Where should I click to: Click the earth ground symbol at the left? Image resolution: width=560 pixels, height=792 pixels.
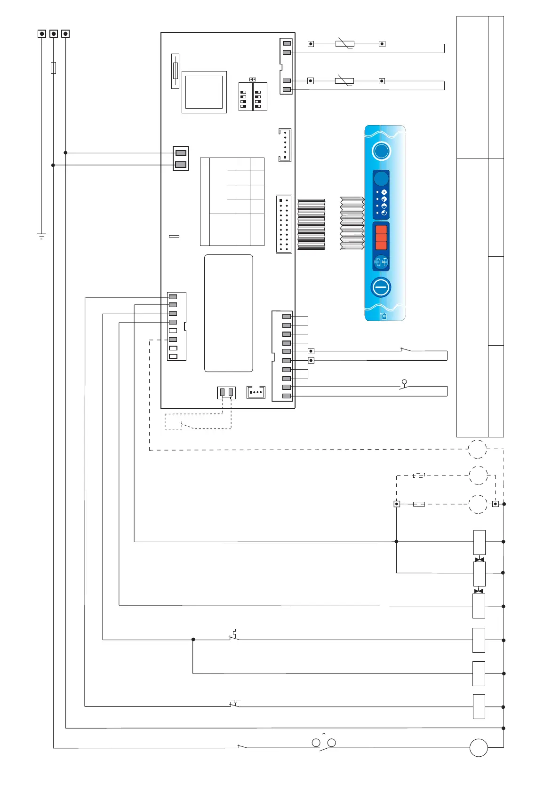click(41, 236)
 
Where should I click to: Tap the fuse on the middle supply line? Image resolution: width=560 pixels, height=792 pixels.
click(54, 67)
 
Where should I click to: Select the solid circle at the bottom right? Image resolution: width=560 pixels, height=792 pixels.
click(479, 747)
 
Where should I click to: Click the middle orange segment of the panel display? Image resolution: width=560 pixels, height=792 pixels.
click(381, 238)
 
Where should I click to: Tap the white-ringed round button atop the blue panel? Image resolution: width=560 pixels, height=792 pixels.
click(381, 151)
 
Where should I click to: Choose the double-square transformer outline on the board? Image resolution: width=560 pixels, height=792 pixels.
click(204, 92)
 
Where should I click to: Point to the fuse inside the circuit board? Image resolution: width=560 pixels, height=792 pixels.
click(176, 71)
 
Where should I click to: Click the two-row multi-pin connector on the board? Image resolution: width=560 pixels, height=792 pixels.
click(284, 224)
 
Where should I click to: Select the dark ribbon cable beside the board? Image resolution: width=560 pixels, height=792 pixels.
click(311, 224)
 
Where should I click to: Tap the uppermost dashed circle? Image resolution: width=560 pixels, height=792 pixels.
click(477, 449)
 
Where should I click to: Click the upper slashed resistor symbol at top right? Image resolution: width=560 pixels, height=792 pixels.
click(344, 44)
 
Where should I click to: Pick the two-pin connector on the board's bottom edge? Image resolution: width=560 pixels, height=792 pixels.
click(226, 392)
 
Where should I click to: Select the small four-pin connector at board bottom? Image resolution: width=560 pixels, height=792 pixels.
click(256, 392)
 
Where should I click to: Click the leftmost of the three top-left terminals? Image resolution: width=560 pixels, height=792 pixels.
click(42, 34)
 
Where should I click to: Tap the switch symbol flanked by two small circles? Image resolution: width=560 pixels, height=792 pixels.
click(324, 743)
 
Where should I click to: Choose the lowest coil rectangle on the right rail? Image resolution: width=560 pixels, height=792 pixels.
click(479, 706)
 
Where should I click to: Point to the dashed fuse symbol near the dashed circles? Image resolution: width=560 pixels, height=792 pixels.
click(419, 504)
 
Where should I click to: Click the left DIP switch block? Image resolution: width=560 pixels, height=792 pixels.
click(245, 97)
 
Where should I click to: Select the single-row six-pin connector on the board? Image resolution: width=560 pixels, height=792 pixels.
click(285, 145)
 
